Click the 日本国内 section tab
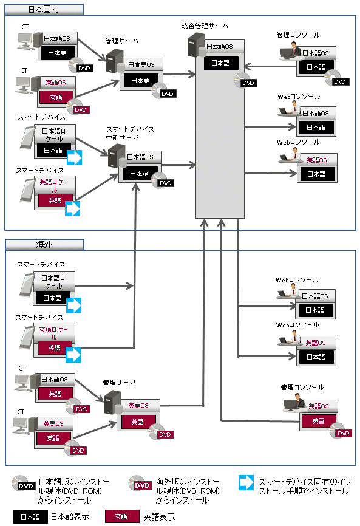[44, 9]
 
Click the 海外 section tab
[44, 244]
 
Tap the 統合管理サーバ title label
[205, 26]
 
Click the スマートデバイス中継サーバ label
[130, 133]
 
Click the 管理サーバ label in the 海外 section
[120, 382]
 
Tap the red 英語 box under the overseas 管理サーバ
[138, 422]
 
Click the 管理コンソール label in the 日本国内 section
[298, 35]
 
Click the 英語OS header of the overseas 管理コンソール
[319, 406]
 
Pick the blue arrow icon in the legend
[246, 482]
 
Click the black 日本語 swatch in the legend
[30, 517]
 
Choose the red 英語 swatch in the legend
[121, 517]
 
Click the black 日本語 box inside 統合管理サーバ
[221, 63]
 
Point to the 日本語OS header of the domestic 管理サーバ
[141, 64]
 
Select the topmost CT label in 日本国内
[25, 27]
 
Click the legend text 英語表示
[159, 517]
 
